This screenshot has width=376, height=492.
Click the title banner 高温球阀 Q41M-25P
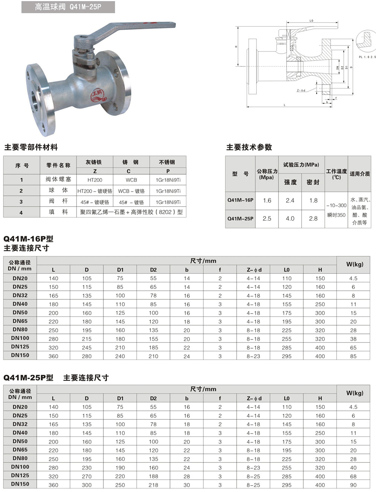pos(68,7)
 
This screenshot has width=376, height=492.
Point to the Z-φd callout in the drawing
pos(301,90)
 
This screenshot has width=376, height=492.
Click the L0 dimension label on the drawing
pos(311,21)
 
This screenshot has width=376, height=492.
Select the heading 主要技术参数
pos(249,147)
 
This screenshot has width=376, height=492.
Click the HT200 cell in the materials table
pos(95,180)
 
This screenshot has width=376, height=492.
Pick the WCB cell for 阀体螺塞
pos(131,180)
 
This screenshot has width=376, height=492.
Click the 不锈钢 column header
pos(167,162)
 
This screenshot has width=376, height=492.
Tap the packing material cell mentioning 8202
pos(131,212)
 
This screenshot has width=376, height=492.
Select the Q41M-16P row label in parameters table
pos(240,200)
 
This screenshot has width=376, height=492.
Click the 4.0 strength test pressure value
pos(290,218)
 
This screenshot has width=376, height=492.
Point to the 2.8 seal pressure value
pos(313,218)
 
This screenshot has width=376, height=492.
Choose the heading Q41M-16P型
pos(28,239)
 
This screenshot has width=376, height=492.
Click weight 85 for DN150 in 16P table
pos(353,356)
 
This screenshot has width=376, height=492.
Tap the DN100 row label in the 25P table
pos(20,467)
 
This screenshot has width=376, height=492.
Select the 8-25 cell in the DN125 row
pos(253,476)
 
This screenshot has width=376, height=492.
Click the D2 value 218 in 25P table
pos(153,485)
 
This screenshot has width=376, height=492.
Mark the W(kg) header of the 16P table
pos(355,264)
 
